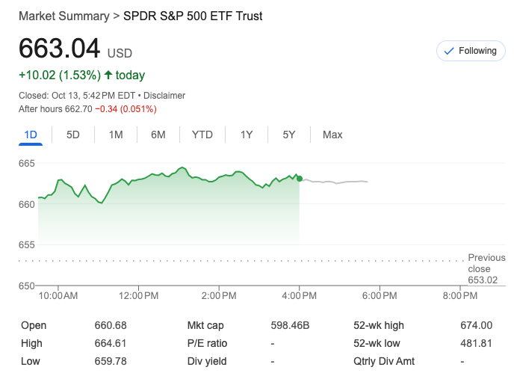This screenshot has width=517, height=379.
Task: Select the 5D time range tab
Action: tap(73, 135)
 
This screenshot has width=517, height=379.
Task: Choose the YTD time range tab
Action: tap(202, 135)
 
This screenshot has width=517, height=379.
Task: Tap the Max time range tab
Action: tap(332, 135)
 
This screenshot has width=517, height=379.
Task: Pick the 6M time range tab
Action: tap(158, 135)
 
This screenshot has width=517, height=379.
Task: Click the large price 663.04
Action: tap(59, 49)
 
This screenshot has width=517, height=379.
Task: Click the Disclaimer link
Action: tap(164, 96)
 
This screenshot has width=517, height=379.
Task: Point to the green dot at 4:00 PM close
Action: tap(300, 178)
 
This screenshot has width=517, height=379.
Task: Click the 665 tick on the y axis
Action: tap(27, 163)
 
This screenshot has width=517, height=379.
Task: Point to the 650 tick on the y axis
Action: tap(27, 286)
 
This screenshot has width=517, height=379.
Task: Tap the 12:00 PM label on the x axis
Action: tap(138, 296)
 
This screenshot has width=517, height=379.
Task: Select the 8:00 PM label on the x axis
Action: tap(459, 296)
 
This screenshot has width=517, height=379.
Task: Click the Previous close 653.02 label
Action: tap(486, 269)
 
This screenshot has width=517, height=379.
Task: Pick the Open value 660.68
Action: tap(110, 325)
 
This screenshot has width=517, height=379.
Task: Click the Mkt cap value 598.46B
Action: tap(290, 325)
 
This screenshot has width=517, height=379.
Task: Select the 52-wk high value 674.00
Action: tap(477, 325)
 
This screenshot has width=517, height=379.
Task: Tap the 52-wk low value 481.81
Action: tap(477, 343)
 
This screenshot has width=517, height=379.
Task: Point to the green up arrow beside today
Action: tap(108, 75)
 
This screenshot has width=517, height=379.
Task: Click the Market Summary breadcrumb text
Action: tap(63, 16)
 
